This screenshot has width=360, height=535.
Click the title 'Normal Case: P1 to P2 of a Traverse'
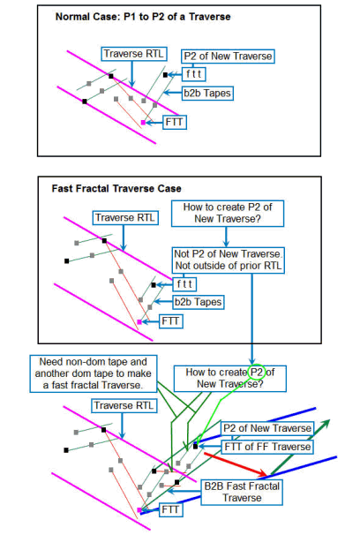pos(143,17)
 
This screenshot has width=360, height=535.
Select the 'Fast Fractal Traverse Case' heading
pos(116,189)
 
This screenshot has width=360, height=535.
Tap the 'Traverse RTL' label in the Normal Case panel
pos(134,54)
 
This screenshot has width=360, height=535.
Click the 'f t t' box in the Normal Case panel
pos(194,74)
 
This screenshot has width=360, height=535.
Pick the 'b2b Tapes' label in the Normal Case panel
pos(207,94)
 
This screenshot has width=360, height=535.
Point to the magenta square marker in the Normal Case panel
pos(143,123)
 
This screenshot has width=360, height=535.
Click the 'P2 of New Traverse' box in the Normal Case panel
pos(228,57)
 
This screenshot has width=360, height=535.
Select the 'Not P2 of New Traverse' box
pos(228,260)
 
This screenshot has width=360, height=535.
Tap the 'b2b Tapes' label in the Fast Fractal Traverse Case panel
pos(198,302)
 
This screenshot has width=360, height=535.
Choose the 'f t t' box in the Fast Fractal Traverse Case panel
pos(184,284)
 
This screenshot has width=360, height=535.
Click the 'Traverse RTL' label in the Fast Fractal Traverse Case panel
pos(125,218)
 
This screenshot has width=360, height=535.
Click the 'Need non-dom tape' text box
pos(93,373)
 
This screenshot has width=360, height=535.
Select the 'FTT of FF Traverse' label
pos(267,447)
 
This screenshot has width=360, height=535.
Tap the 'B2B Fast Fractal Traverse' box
pos(242,493)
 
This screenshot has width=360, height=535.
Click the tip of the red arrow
pos(267,475)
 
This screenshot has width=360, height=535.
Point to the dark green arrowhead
pos(325,424)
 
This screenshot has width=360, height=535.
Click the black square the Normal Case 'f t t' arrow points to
pos(165,75)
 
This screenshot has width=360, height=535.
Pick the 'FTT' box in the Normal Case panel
pos(174,122)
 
